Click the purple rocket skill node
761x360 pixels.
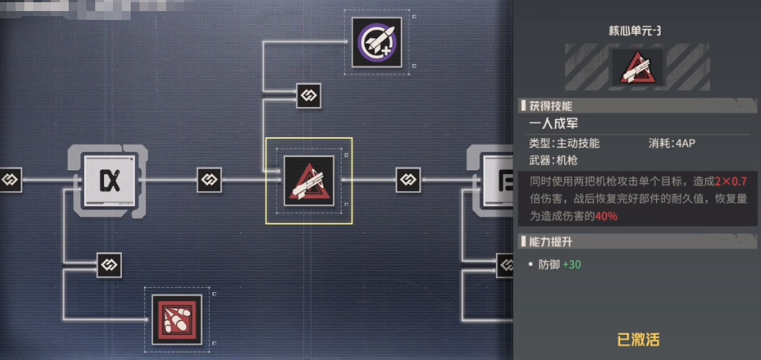click(376, 43)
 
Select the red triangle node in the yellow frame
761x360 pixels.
click(309, 181)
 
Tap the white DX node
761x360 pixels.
click(109, 179)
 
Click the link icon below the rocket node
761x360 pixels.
click(308, 95)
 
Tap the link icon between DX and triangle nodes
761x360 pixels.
click(209, 180)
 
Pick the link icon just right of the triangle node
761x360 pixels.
click(408, 179)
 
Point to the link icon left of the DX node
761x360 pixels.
click(10, 179)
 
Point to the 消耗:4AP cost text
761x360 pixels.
click(672, 143)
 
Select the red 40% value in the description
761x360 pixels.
click(606, 216)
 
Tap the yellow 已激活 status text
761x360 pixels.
click(638, 339)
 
